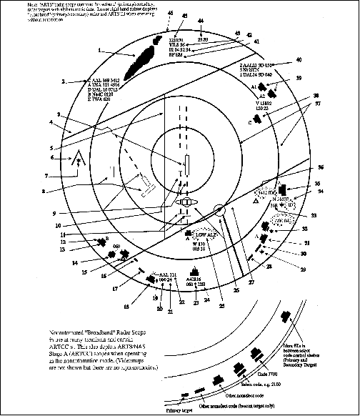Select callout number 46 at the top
click(169, 13)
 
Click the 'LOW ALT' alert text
click(205, 234)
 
